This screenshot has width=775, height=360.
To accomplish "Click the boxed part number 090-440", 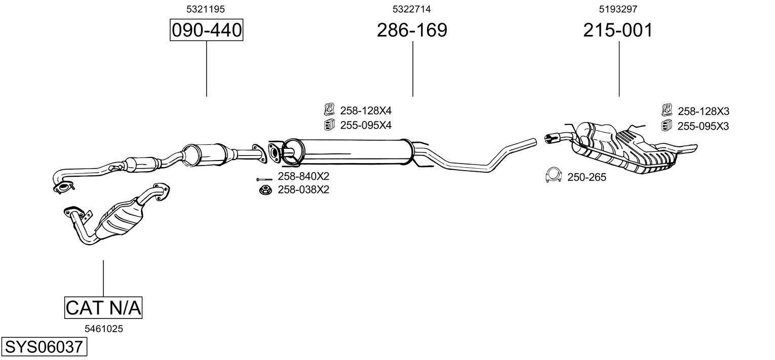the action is (206, 30).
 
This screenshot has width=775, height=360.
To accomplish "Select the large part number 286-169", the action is (412, 30).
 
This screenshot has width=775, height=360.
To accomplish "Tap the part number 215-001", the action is (618, 30).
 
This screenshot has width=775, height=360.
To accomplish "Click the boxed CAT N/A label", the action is (103, 307).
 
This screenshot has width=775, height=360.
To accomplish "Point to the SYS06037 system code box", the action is (44, 347).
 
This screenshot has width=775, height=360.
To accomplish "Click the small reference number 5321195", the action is (206, 9).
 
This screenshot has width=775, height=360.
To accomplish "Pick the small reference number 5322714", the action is (411, 9).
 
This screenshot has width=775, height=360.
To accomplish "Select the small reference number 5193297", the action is (618, 9).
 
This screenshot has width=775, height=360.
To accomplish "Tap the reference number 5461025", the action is (104, 329).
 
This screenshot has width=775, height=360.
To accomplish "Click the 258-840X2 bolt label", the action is (303, 176).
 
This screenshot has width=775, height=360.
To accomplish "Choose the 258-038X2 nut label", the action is (303, 190).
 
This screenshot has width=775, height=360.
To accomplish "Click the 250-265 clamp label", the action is (587, 177).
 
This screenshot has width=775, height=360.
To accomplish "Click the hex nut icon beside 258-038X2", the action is (265, 189).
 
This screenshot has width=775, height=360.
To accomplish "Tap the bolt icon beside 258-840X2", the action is (264, 179).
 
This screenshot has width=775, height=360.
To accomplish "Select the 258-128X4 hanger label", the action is (366, 111).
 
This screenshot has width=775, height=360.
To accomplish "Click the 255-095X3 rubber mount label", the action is (703, 127).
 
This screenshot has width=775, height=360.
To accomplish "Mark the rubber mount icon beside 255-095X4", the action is (329, 125).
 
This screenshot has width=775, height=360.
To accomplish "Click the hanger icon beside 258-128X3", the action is (667, 110).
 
